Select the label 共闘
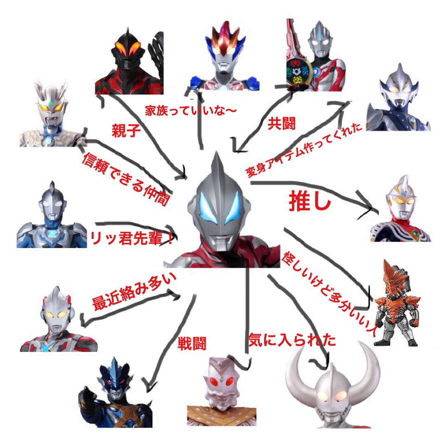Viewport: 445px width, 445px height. (x=281, y=123)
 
